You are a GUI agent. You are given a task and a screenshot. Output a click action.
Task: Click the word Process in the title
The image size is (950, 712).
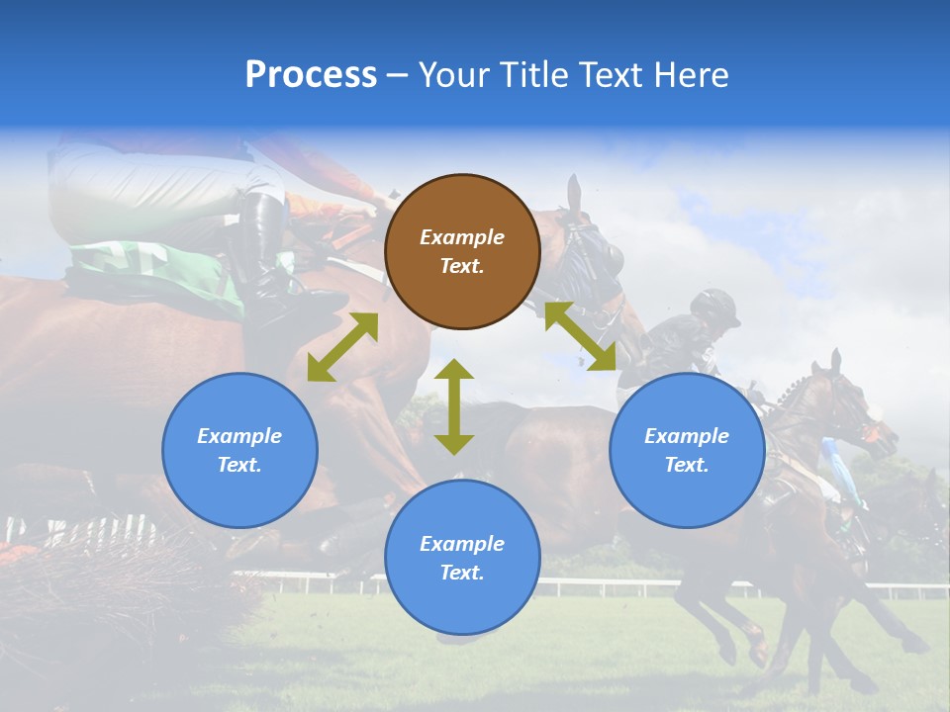point(311,75)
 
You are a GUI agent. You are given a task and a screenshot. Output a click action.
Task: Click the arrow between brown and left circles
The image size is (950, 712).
point(342,347)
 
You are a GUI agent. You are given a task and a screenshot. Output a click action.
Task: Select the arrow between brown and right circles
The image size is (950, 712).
point(581,336)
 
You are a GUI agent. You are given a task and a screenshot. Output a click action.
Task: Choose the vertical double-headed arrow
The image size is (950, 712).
point(454,406)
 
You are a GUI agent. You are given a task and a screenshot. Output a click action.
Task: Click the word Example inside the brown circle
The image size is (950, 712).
point(462,237)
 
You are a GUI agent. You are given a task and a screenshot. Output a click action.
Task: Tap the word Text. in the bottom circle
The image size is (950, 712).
point(462,573)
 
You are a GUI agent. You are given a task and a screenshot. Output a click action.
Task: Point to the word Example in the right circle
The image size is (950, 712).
point(687,436)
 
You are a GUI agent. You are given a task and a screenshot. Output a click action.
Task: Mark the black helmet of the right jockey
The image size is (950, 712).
point(716,307)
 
